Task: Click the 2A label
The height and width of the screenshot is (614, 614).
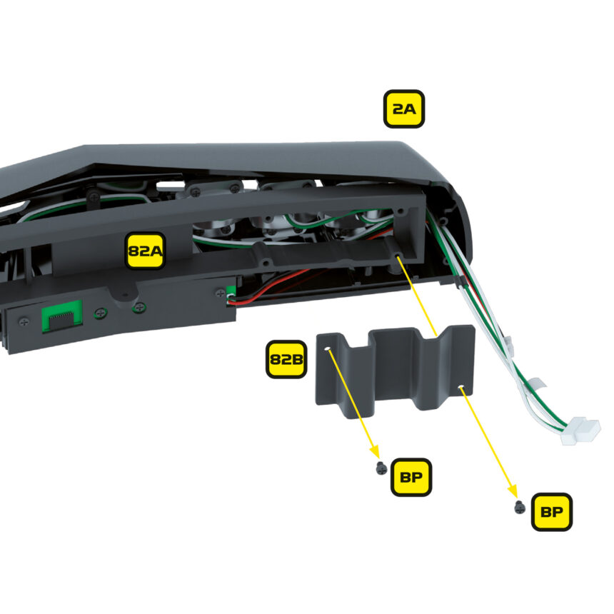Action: click(x=404, y=109)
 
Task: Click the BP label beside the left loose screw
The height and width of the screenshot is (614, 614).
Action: click(x=411, y=476)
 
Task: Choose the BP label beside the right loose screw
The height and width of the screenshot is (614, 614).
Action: click(x=552, y=511)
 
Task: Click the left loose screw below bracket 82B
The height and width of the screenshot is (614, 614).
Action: click(x=381, y=468)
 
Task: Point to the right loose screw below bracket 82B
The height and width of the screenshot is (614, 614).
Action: click(x=520, y=508)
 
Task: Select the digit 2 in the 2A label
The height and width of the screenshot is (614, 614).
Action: click(x=397, y=109)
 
